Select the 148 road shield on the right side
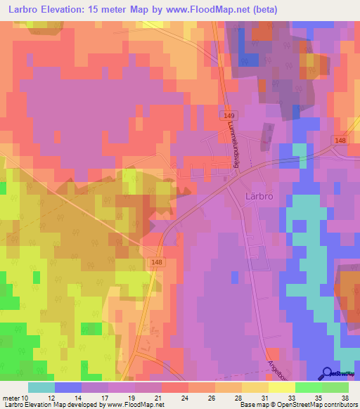(x=340, y=141)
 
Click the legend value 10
(x=26, y=397)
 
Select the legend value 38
(x=345, y=397)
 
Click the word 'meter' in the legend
(x=11, y=397)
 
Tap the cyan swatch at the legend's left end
(x=41, y=387)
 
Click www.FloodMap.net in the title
(x=210, y=10)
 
